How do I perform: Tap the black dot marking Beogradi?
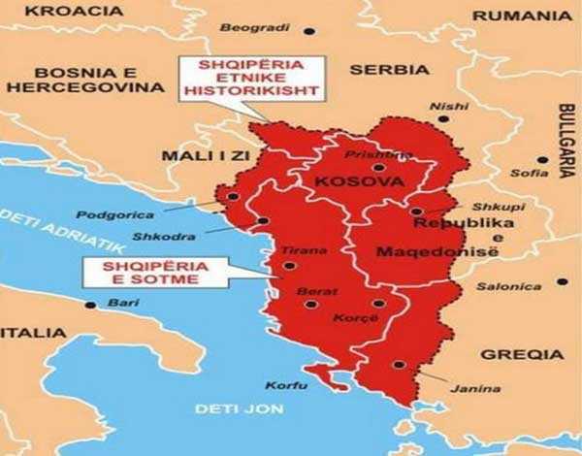(x=309, y=30)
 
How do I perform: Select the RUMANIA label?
(x=523, y=16)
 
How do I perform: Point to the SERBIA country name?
(x=388, y=70)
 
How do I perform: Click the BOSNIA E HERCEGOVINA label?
(x=84, y=81)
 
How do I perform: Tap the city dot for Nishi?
(x=443, y=118)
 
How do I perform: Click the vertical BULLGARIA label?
(x=566, y=141)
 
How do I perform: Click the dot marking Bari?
(x=91, y=305)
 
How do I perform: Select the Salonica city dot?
(x=562, y=282)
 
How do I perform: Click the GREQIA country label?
(x=522, y=354)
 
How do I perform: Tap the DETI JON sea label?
(x=239, y=408)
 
